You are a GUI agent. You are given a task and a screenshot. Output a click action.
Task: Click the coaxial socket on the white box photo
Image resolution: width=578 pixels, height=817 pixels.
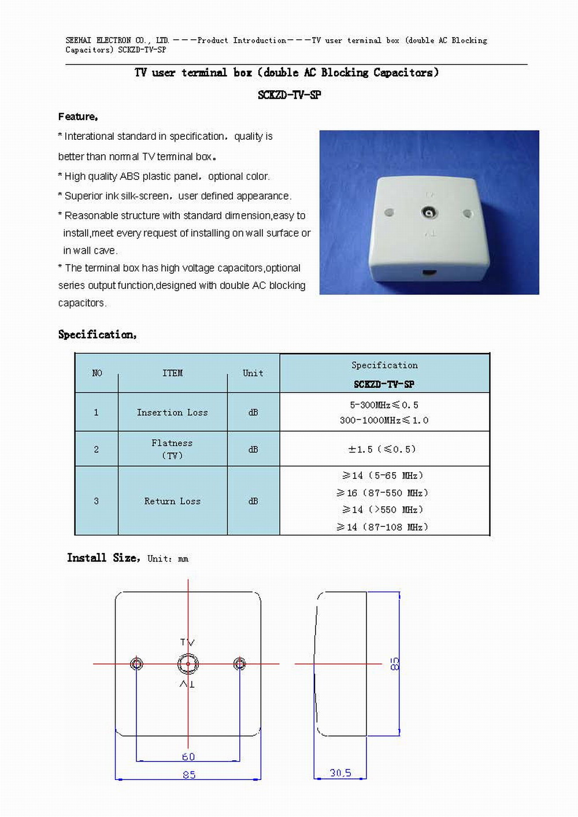(429, 213)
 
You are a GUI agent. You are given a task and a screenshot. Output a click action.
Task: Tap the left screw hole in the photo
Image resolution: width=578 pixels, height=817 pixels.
(390, 213)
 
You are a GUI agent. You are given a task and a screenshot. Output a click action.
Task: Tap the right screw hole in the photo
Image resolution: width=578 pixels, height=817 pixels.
(468, 213)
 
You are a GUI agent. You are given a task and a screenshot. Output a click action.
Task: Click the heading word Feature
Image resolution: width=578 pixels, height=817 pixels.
(78, 117)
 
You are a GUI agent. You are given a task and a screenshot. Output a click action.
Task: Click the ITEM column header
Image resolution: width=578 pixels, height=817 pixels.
(172, 373)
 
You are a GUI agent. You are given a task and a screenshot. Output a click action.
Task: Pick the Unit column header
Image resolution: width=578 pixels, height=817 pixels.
(253, 373)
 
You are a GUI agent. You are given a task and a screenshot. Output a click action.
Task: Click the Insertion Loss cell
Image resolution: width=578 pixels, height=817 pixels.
(172, 413)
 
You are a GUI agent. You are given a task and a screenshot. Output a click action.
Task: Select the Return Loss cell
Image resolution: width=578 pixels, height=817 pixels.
(172, 502)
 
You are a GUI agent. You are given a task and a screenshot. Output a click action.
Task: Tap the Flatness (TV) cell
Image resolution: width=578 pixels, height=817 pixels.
(172, 449)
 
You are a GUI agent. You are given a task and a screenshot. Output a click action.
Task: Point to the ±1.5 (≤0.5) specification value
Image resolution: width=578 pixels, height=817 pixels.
(382, 449)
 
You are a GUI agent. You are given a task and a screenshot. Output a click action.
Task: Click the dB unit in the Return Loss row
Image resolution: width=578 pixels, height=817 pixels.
(253, 502)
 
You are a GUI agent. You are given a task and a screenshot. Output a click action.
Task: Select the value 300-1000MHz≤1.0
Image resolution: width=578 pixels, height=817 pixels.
(384, 420)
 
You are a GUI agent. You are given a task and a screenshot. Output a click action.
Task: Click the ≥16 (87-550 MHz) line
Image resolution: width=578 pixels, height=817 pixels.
(383, 493)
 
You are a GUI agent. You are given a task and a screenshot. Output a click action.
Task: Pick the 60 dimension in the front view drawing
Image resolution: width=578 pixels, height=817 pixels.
(188, 757)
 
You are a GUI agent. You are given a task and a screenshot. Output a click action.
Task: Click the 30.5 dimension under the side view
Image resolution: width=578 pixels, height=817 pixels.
(340, 773)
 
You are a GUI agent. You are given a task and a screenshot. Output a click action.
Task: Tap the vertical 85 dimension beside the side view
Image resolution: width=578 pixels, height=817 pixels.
(395, 663)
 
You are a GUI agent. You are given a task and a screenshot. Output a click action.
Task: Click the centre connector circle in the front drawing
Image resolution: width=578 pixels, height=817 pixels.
(188, 664)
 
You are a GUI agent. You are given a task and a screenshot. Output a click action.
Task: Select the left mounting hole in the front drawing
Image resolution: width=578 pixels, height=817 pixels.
(136, 664)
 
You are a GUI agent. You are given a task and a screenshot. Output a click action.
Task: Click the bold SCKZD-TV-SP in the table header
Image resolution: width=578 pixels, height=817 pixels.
(384, 384)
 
